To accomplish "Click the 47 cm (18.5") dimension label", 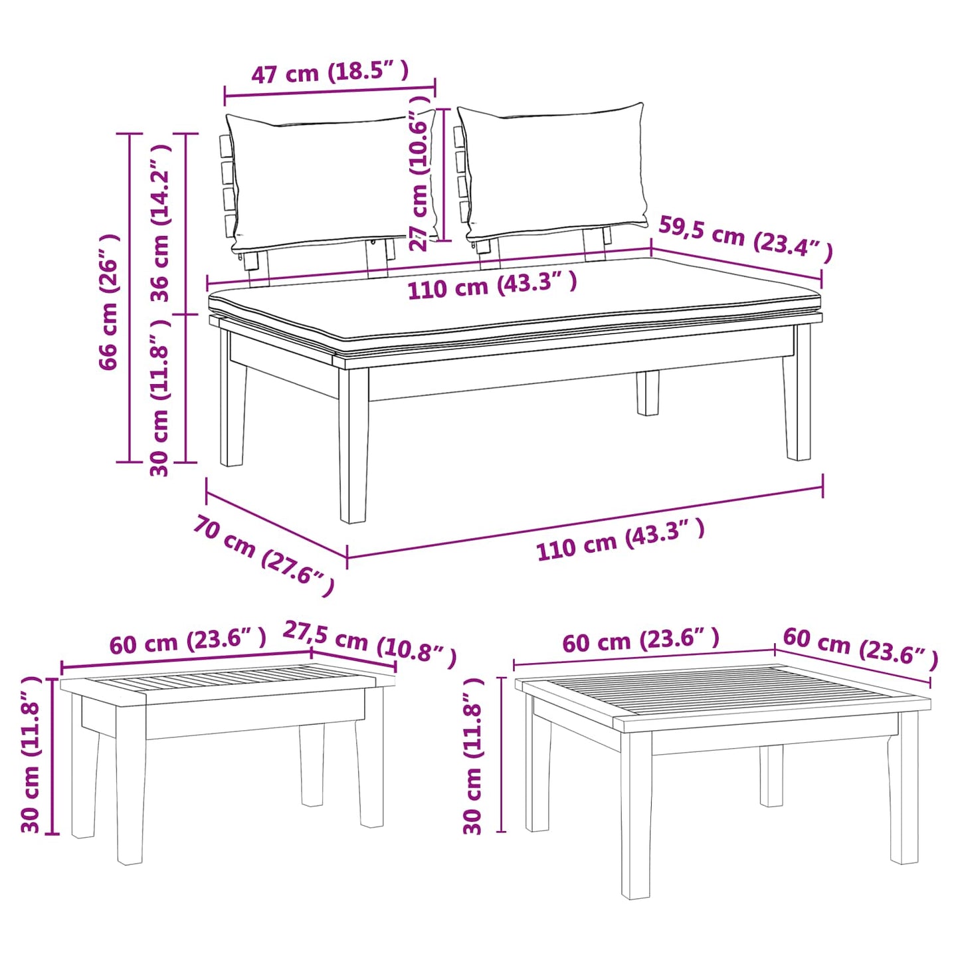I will [330, 72].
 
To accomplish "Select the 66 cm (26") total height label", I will [109, 302].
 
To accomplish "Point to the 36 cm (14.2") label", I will [161, 223].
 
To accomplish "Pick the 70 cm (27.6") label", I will [263, 554].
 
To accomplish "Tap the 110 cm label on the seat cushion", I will [492, 286].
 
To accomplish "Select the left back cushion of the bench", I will [332, 179].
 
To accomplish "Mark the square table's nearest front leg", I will [636, 817].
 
